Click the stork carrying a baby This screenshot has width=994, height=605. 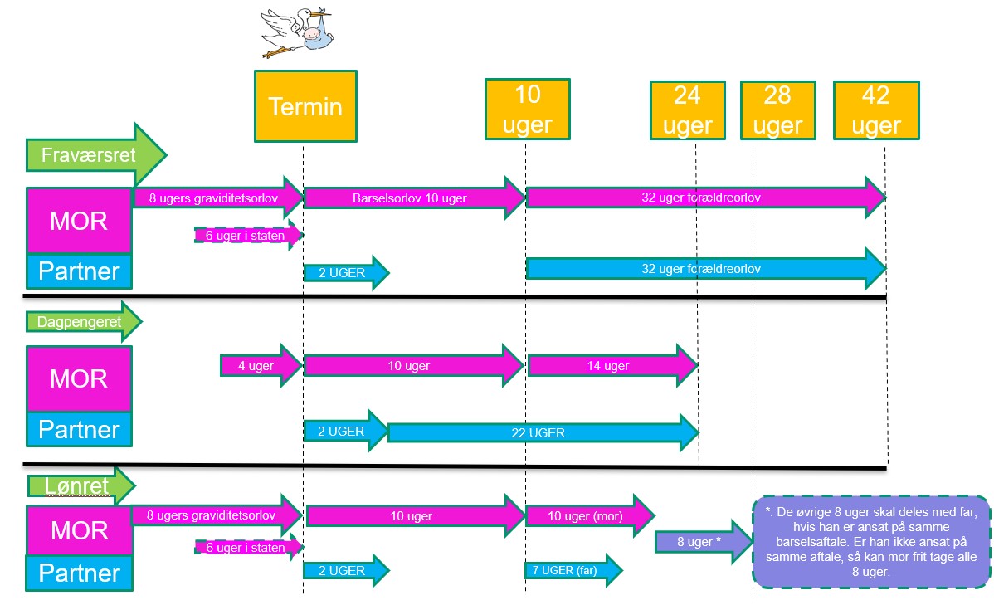click(297, 32)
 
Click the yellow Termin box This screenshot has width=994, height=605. click(305, 106)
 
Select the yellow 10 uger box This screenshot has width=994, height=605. click(528, 109)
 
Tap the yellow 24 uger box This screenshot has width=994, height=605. click(687, 110)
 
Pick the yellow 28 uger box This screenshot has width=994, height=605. click(777, 110)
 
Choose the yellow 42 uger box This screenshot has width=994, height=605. click(876, 110)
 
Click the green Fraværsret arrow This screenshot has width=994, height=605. click(95, 154)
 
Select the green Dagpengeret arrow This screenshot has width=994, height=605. click(84, 321)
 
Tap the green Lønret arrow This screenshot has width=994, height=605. click(81, 485)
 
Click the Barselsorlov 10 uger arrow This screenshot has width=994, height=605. click(415, 198)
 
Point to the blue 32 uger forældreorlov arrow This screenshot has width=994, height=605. click(705, 269)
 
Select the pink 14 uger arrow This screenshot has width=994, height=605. click(612, 366)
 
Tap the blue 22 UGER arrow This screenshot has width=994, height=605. click(543, 432)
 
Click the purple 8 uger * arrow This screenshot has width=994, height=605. click(704, 542)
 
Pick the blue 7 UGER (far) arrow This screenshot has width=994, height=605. click(573, 570)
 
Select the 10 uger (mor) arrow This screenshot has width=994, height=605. click(590, 515)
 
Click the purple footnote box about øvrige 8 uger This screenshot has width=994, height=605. click(871, 542)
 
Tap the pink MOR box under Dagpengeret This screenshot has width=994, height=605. click(79, 378)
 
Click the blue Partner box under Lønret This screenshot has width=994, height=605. click(80, 573)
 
